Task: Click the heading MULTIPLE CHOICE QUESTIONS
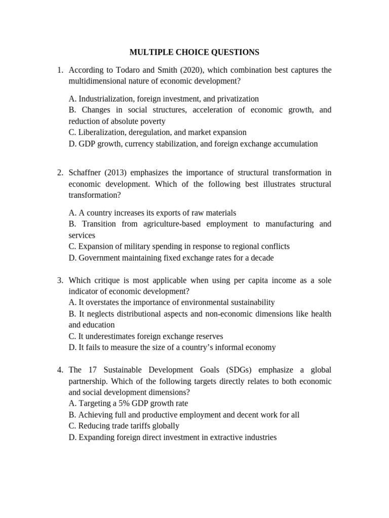(194, 52)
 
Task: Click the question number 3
(60, 280)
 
